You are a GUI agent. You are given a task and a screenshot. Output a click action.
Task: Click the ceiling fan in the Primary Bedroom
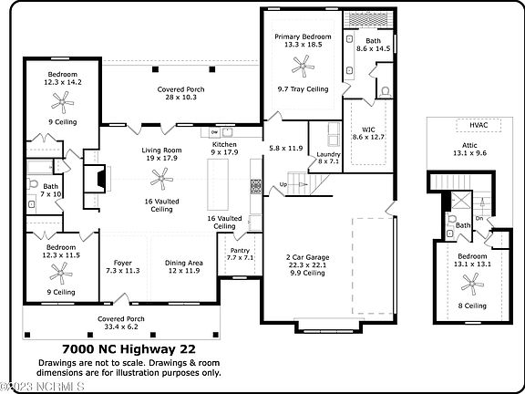point(303,66)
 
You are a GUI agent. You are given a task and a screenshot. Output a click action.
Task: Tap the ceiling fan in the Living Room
point(161,179)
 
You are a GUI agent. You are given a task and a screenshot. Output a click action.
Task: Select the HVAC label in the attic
point(479,125)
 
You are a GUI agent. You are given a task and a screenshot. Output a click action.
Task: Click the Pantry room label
point(240,250)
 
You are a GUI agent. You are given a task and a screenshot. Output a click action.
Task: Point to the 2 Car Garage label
point(308,257)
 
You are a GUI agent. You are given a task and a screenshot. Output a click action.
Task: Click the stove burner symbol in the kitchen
point(256,187)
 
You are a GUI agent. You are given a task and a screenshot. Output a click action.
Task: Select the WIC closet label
point(368,130)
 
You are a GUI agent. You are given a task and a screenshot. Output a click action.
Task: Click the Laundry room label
point(328,154)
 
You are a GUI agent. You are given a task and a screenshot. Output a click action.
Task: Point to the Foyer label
point(122,263)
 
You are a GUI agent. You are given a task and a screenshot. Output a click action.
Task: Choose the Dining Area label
point(184,263)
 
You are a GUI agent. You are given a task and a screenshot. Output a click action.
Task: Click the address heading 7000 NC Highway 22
point(129,349)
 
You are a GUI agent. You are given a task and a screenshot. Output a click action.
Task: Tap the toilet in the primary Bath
point(385,92)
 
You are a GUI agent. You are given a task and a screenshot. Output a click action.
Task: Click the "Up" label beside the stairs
point(283,184)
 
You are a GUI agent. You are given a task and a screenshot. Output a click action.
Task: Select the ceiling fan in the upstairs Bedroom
point(472,284)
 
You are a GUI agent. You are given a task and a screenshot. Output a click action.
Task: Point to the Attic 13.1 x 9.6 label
point(469,149)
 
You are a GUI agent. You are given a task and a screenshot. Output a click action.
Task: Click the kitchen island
point(218,184)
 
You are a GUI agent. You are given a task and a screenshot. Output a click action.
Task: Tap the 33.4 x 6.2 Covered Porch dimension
point(120,327)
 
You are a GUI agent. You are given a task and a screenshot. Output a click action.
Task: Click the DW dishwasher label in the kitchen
point(214,132)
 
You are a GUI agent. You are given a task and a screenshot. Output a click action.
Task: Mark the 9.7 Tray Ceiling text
point(303,89)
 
